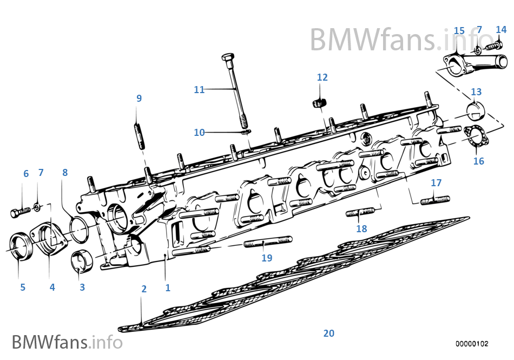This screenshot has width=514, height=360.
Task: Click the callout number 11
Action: click(x=199, y=90)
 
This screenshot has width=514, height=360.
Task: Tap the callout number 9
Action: click(x=139, y=99)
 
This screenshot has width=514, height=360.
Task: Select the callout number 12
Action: click(x=322, y=77)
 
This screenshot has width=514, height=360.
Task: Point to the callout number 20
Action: click(x=329, y=333)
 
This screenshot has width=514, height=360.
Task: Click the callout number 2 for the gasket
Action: click(x=144, y=289)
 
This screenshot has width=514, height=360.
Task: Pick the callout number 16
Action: click(x=479, y=161)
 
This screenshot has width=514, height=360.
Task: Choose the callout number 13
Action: click(x=476, y=92)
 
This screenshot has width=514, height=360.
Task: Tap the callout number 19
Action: click(x=267, y=258)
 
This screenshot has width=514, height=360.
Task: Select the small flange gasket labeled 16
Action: click(x=475, y=135)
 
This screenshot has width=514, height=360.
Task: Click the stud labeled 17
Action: click(x=434, y=200)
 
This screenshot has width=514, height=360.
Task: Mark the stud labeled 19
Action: click(x=268, y=241)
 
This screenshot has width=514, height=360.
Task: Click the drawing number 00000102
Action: click(x=472, y=344)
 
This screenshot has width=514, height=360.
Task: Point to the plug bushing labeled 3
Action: click(x=83, y=260)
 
